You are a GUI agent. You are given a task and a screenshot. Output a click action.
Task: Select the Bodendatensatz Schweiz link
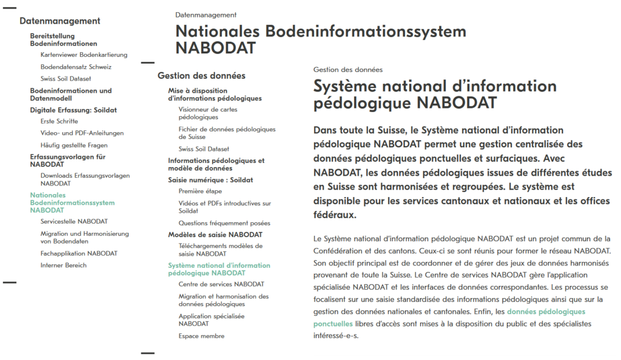[76, 67]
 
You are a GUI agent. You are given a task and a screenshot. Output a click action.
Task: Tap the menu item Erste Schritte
[59, 121]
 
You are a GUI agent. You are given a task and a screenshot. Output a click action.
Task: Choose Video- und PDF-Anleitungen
[82, 133]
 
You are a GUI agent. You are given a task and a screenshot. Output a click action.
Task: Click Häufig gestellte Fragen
[74, 145]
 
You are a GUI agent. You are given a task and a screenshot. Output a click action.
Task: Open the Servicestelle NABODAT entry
[74, 222]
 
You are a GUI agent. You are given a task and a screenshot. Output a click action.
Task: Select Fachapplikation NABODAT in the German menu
[79, 253]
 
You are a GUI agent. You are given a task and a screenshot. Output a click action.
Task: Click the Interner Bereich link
[64, 265]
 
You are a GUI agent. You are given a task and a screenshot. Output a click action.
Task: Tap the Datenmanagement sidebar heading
[59, 21]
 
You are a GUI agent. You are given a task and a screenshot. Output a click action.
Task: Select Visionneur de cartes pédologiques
[208, 113]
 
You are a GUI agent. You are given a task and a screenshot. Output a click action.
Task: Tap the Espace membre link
[201, 336]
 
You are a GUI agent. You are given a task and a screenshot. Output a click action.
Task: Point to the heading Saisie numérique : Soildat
[210, 180]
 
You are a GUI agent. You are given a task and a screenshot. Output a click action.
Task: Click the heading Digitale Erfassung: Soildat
[73, 110]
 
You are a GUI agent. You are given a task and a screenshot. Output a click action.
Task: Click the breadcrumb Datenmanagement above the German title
[206, 15]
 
